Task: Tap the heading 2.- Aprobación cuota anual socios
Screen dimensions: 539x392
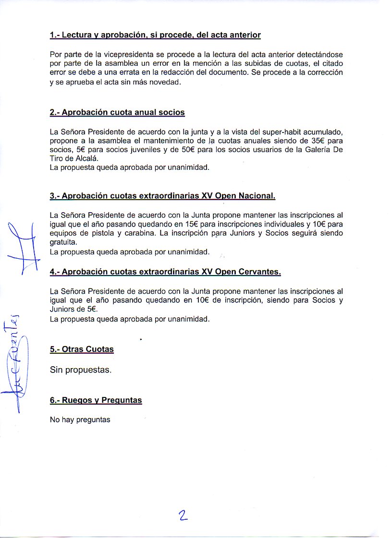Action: pyautogui.click(x=117, y=112)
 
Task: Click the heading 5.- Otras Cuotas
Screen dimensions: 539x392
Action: pyautogui.click(x=82, y=349)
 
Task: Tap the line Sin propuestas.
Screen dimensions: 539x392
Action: pyautogui.click(x=81, y=371)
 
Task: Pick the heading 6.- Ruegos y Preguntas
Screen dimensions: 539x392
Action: pyautogui.click(x=96, y=400)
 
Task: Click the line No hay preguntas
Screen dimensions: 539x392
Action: pyautogui.click(x=80, y=420)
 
